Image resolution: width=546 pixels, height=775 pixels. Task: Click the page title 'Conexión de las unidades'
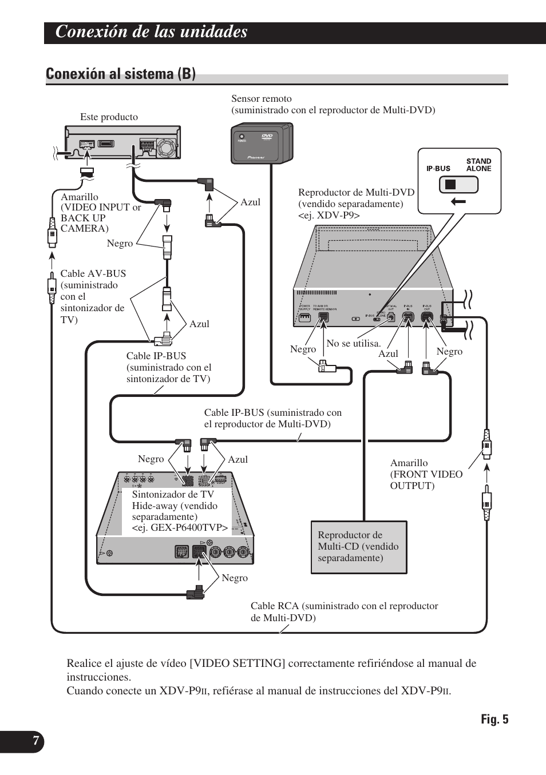tap(152, 32)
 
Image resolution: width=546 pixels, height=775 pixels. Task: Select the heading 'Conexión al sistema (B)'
tap(121, 74)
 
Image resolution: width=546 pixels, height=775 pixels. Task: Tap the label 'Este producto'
tap(109, 117)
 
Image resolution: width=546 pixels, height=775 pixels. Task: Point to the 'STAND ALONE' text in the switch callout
tap(478, 165)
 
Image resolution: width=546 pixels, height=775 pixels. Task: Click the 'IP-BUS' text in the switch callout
tap(438, 169)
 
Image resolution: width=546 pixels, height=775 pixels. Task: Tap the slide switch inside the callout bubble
tap(458, 185)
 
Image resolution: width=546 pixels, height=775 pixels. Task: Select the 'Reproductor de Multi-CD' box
tap(359, 547)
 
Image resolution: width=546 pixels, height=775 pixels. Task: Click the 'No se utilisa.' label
tap(353, 343)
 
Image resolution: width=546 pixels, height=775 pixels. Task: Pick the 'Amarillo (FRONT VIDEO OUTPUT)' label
tap(426, 474)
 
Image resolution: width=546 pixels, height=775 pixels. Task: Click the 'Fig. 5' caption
tap(494, 720)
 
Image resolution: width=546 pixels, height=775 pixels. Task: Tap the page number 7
tap(35, 741)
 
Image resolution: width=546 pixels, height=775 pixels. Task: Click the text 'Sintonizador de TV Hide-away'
tap(175, 500)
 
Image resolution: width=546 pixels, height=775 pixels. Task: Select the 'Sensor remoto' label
tap(262, 99)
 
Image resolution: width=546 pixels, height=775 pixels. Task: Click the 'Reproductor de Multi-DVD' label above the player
tap(356, 193)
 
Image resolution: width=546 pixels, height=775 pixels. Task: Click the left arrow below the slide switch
tap(458, 201)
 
